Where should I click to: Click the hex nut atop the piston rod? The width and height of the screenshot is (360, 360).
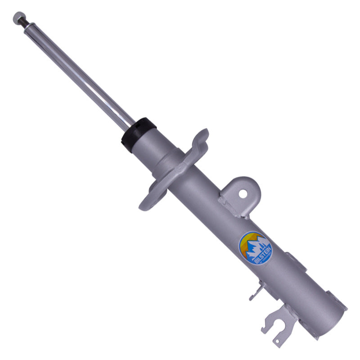pos(18,18)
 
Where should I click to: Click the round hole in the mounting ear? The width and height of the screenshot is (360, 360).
pos(243,194)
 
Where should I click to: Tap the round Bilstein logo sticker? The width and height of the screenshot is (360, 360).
pos(255,248)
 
